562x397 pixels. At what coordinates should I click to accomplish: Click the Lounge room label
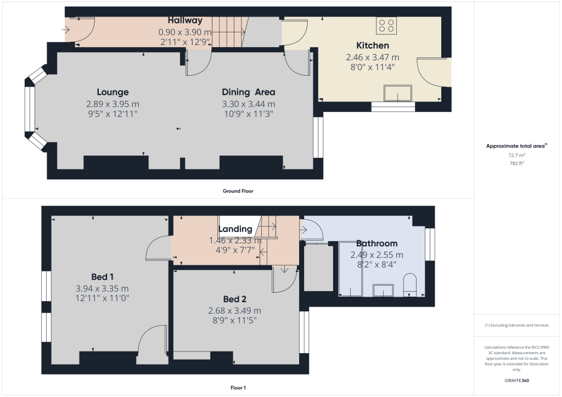pos(113,92)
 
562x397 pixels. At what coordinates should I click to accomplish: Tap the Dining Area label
pos(248,92)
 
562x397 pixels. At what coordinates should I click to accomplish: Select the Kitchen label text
pos(373,46)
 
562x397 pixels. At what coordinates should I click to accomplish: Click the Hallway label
pos(185,20)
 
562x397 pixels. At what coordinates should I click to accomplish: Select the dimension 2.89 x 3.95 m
pos(113,104)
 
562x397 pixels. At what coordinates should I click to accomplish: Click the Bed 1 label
pos(103,276)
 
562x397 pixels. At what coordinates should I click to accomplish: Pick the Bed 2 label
pos(234,299)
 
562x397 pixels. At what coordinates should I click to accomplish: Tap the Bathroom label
pos(376,243)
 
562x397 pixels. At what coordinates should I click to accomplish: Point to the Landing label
pos(235,229)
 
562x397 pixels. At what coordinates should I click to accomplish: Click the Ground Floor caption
pos(238,191)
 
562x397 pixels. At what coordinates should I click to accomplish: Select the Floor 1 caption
pos(238,388)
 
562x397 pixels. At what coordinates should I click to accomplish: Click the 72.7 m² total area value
pos(516,155)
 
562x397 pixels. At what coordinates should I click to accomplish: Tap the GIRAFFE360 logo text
pos(516,380)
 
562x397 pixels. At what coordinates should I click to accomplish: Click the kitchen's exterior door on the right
pos(434,74)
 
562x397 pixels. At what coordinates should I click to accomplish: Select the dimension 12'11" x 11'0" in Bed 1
pos(103,298)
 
